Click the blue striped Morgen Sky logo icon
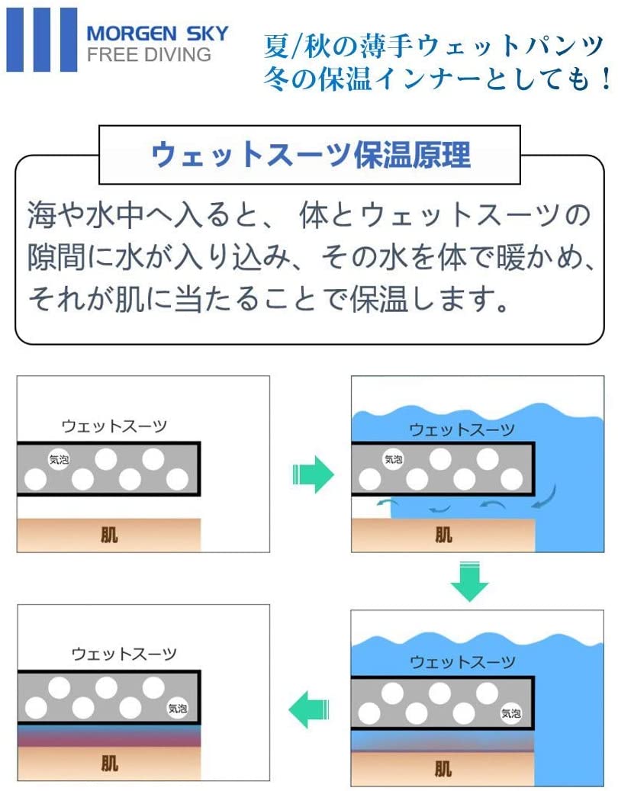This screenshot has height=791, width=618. pyautogui.click(x=42, y=40)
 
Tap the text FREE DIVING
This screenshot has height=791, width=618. pyautogui.click(x=148, y=55)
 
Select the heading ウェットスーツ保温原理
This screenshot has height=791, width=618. pyautogui.click(x=311, y=154)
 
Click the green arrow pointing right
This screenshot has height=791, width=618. pyautogui.click(x=313, y=477)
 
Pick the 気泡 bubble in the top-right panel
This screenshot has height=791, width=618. pyautogui.click(x=393, y=459)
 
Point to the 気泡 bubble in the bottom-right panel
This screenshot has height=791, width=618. pyautogui.click(x=510, y=714)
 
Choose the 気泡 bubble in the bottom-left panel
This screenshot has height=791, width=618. pyautogui.click(x=177, y=708)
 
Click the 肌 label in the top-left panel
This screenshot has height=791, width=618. pyautogui.click(x=109, y=535)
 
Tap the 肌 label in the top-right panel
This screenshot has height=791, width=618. pyautogui.click(x=443, y=535)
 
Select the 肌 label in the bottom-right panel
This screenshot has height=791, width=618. pyautogui.click(x=443, y=767)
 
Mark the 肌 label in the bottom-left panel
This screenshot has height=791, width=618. pyautogui.click(x=109, y=763)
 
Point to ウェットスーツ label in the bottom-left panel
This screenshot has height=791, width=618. pyautogui.click(x=124, y=654)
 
